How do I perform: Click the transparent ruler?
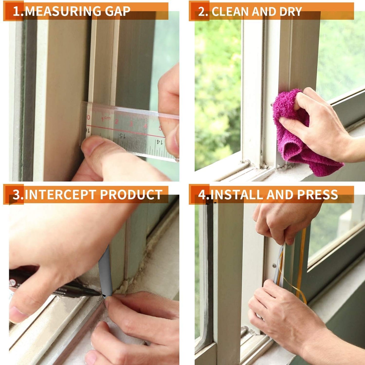click(131, 131)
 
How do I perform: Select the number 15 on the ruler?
click(122, 136)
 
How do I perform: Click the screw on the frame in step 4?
click(274, 265)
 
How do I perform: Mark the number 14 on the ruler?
click(159, 142)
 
